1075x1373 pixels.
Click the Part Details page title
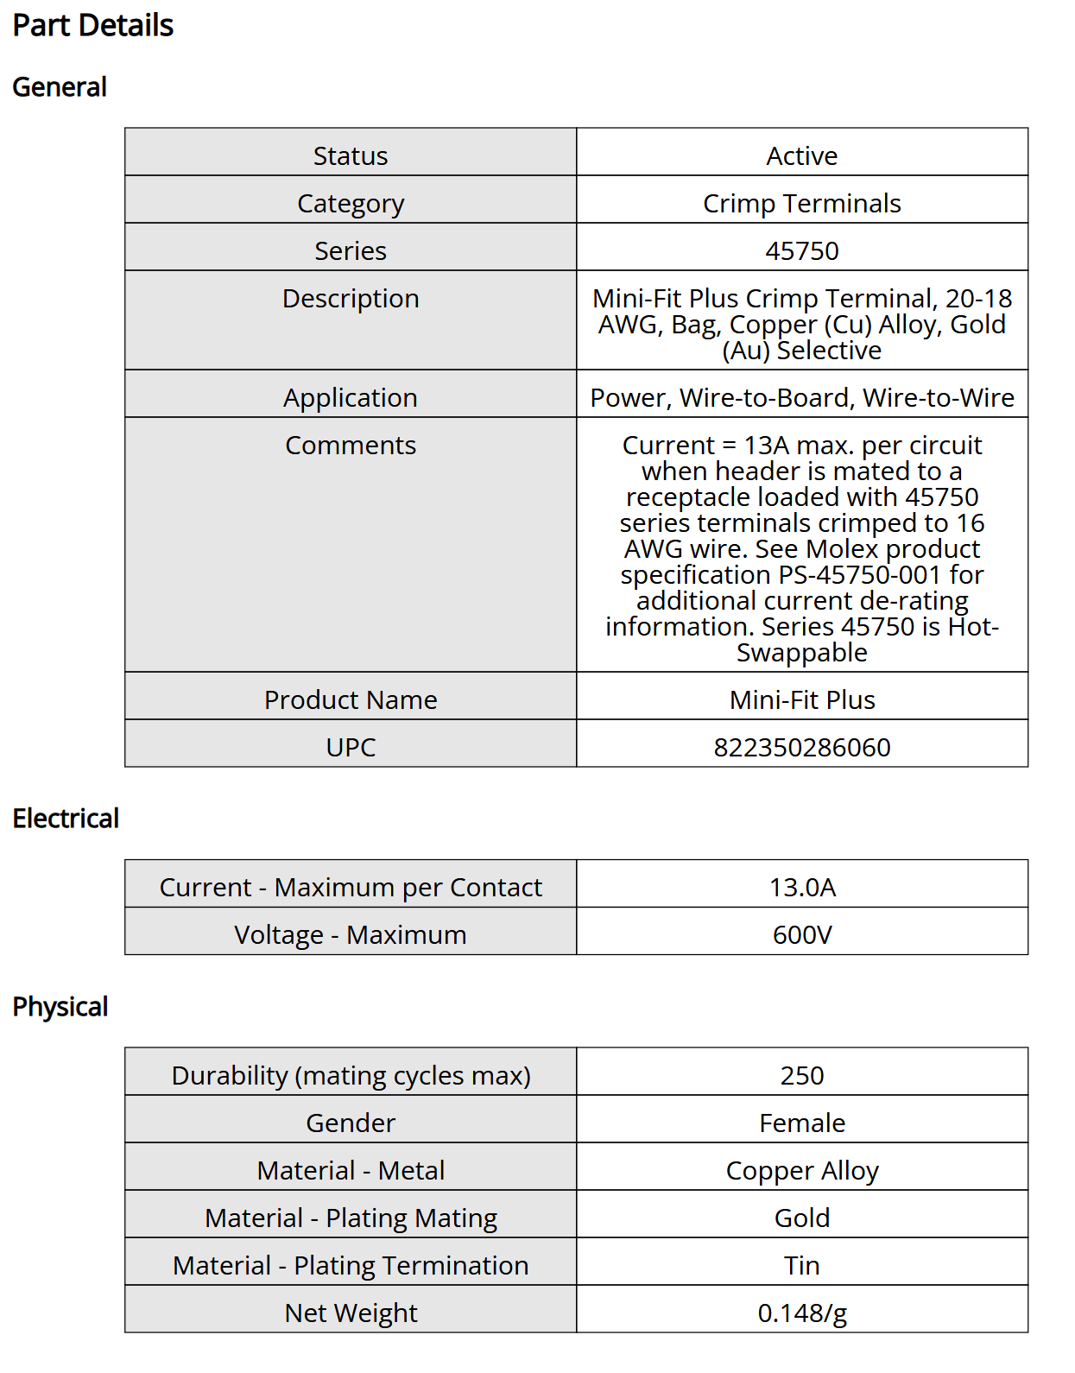(x=93, y=26)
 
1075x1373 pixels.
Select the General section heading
(x=60, y=87)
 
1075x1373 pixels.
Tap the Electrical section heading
(x=66, y=819)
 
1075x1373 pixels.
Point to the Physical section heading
(x=60, y=1007)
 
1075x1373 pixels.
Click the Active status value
(x=801, y=156)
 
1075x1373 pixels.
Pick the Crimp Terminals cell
(x=801, y=204)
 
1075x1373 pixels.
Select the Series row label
(x=351, y=251)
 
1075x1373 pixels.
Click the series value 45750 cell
(x=801, y=251)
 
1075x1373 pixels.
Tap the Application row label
(x=351, y=398)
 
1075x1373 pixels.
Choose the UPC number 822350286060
(x=801, y=748)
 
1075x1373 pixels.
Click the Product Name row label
(x=351, y=700)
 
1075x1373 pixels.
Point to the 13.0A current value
(x=801, y=888)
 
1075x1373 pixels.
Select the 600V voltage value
(x=801, y=935)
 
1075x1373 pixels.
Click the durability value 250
(x=801, y=1076)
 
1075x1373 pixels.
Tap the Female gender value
(x=801, y=1123)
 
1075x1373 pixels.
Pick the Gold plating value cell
(x=801, y=1218)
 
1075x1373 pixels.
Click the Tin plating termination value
(x=801, y=1266)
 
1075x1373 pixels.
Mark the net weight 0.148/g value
(x=801, y=1313)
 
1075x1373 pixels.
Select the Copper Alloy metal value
(x=801, y=1171)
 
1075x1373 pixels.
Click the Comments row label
(x=351, y=446)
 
